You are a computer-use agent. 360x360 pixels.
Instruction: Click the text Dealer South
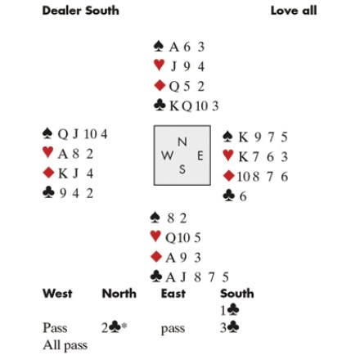click(80, 11)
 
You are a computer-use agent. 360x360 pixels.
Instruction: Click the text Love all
click(294, 11)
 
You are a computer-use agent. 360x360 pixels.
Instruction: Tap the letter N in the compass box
click(182, 142)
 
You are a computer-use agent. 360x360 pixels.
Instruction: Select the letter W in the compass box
click(167, 155)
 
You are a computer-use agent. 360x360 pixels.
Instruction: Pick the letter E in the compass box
click(200, 155)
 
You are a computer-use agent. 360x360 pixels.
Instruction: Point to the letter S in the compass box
click(182, 169)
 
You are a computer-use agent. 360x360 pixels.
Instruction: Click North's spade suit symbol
click(159, 46)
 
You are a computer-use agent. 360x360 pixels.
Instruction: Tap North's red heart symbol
click(159, 65)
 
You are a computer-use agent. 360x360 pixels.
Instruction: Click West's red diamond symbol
click(48, 173)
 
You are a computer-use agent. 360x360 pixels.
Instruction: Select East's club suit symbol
click(228, 196)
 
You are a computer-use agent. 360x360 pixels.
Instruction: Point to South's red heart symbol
click(155, 236)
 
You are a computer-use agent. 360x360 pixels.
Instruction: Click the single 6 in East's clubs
click(243, 196)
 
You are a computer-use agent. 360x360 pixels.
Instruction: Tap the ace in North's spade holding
click(174, 47)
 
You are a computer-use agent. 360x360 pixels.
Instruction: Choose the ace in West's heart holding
click(62, 155)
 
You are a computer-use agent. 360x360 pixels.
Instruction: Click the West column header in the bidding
click(57, 294)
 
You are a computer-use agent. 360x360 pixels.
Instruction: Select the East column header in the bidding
click(173, 294)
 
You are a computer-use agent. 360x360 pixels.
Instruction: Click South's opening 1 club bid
click(230, 310)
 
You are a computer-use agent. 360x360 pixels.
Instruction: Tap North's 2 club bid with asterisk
click(115, 327)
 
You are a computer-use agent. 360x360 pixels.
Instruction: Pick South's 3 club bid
click(230, 327)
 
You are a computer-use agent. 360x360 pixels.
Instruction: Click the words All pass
click(65, 345)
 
